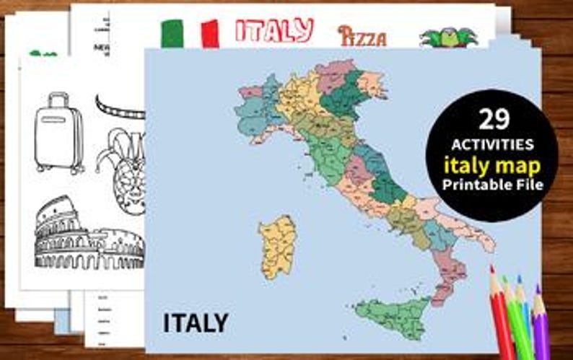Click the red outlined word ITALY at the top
point(274,30)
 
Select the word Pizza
point(362,36)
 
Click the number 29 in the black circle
point(491,119)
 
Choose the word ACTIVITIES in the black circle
point(491,144)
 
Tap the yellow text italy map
point(491,166)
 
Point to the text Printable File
point(491,185)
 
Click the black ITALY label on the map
point(196,322)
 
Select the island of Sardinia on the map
point(277,245)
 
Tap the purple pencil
point(541,325)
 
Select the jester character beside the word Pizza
point(442,38)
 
